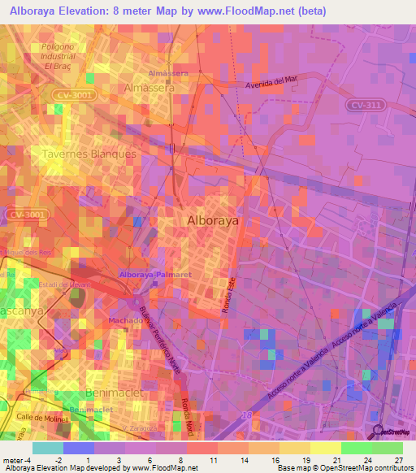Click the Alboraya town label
pyautogui.click(x=212, y=220)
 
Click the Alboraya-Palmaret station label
pyautogui.click(x=155, y=276)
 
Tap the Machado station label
pyautogui.click(x=125, y=320)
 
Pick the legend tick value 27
pyautogui.click(x=397, y=459)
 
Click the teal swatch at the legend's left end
pyautogui.click(x=48, y=448)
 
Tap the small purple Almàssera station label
pyautogui.click(x=168, y=73)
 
